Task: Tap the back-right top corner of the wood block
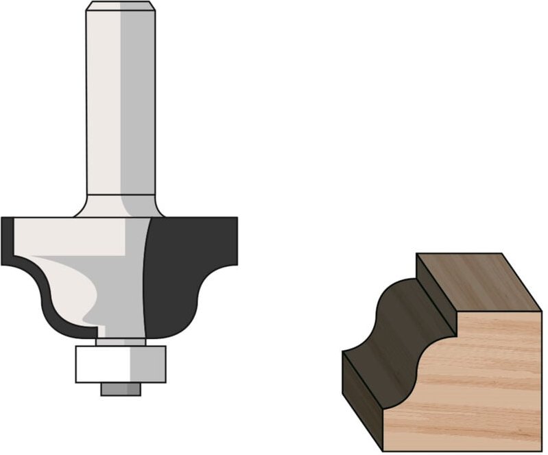point(503,255)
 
